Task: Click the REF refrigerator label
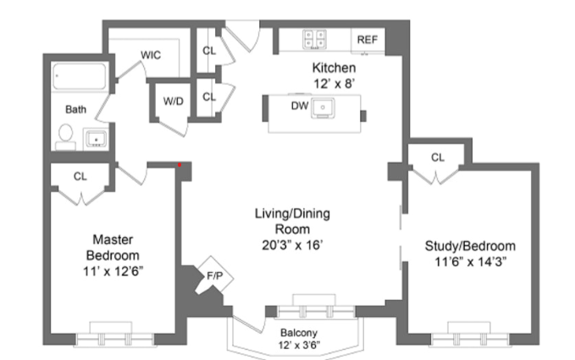pyautogui.click(x=367, y=39)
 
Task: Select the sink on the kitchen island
pyautogui.click(x=323, y=108)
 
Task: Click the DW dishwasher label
pyautogui.click(x=299, y=106)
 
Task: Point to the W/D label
pyautogui.click(x=173, y=101)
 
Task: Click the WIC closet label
pyautogui.click(x=151, y=55)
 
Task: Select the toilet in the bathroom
pyautogui.click(x=65, y=136)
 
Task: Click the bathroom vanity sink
pyautogui.click(x=97, y=137)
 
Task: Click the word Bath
pyautogui.click(x=76, y=109)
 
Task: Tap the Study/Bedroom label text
pyautogui.click(x=469, y=246)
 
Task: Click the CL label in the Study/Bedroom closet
pyautogui.click(x=437, y=158)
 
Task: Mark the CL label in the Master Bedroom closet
pyautogui.click(x=80, y=176)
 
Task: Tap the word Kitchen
pyautogui.click(x=334, y=68)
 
